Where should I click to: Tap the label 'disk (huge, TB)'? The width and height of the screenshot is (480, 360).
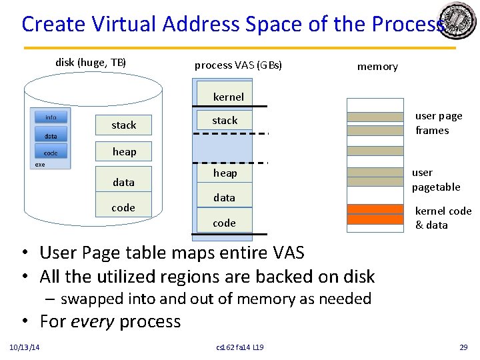coord(91,63)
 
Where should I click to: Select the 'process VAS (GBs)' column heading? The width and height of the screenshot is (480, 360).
coord(238,65)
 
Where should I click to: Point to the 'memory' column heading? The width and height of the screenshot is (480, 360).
coord(377,66)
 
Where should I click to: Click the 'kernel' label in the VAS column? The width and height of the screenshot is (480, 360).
coord(229,97)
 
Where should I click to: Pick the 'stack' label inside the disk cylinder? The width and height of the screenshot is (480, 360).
coord(124,125)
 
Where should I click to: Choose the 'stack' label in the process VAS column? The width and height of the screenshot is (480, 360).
coord(225,121)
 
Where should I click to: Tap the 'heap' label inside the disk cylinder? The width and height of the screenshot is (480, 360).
coord(124,151)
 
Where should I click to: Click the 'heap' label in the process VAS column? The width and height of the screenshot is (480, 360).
coord(225,173)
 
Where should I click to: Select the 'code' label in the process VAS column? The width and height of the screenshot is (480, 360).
coord(224,223)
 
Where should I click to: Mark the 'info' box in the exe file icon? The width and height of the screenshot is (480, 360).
coord(51,117)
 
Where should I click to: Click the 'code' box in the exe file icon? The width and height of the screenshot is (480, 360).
coord(51,153)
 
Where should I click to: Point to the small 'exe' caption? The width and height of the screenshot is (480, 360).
coord(41,165)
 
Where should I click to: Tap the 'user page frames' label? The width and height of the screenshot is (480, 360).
coord(439,123)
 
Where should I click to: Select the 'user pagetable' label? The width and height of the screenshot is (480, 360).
coord(436,179)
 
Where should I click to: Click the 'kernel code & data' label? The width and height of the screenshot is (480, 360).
coord(443,218)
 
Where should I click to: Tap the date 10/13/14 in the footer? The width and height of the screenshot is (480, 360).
coord(24,347)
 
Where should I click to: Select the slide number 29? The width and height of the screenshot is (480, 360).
coord(463,347)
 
